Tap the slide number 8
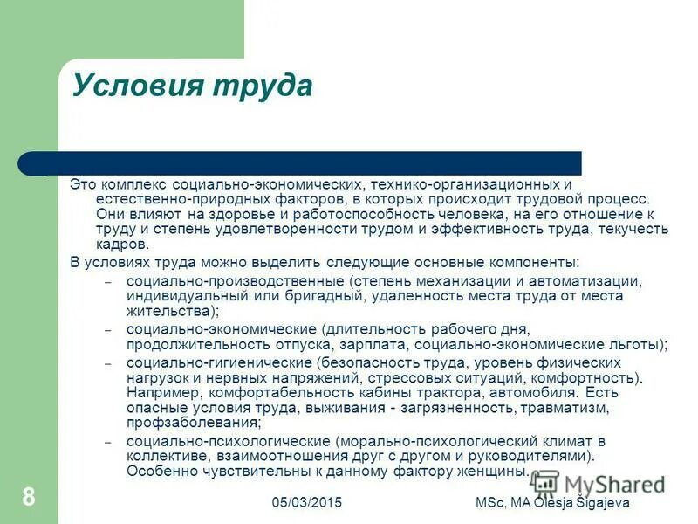click(x=29, y=498)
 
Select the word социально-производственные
click(x=236, y=281)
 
